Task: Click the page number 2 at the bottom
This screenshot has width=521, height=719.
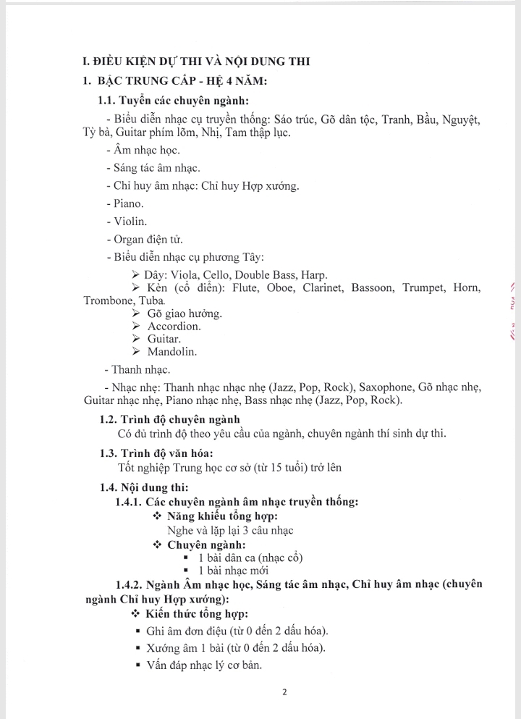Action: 284,691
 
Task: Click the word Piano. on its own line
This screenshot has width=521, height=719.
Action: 128,203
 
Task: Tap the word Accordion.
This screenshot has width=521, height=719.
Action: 174,326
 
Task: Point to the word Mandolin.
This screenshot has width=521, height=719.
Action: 172,352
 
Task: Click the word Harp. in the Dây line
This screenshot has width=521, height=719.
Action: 313,274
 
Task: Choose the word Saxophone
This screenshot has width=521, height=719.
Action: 385,387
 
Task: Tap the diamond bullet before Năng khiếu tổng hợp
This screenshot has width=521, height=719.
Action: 158,516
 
